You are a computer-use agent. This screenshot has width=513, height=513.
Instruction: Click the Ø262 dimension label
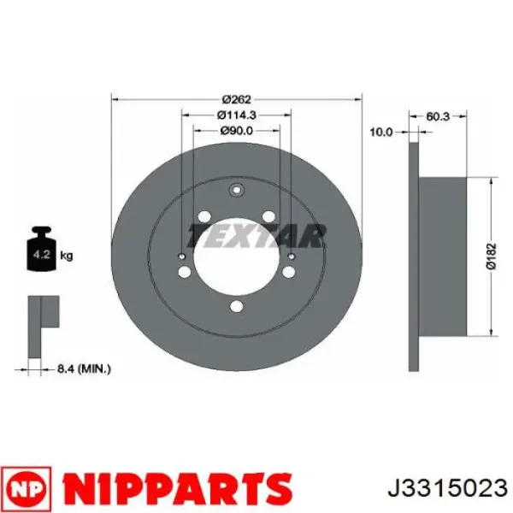pyautogui.click(x=236, y=99)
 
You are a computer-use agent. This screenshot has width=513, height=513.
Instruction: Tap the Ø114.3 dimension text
pyautogui.click(x=237, y=115)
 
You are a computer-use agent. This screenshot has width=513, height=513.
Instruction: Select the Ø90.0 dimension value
pyautogui.click(x=237, y=131)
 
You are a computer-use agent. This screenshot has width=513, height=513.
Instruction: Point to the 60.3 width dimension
pyautogui.click(x=438, y=116)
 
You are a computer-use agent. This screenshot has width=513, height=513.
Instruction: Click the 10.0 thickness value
pyautogui.click(x=380, y=133)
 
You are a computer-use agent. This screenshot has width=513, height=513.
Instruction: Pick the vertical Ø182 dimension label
pyautogui.click(x=492, y=256)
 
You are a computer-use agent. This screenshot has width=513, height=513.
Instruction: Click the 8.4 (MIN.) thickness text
pyautogui.click(x=84, y=369)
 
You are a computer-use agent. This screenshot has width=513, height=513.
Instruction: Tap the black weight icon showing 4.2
pyautogui.click(x=42, y=249)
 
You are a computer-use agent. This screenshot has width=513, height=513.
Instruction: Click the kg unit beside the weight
pyautogui.click(x=67, y=255)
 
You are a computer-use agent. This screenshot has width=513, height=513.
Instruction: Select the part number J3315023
pyautogui.click(x=447, y=489)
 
